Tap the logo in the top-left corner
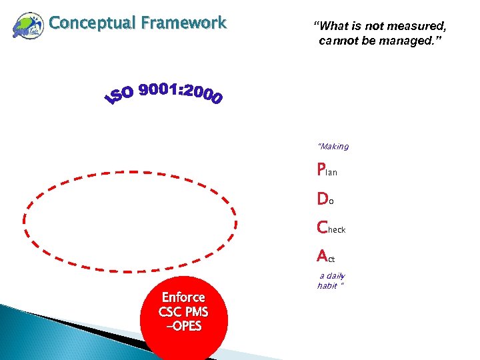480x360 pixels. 27,27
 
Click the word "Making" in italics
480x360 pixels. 333,147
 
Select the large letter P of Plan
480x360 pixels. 322,170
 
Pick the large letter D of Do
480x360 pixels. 323,199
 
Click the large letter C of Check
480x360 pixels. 323,227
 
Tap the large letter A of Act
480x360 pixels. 323,256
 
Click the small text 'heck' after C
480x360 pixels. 337,230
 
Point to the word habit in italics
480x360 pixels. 327,285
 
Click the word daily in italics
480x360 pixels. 337,276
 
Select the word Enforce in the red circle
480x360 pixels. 183,297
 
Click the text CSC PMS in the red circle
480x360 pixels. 183,311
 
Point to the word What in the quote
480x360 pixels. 333,26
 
